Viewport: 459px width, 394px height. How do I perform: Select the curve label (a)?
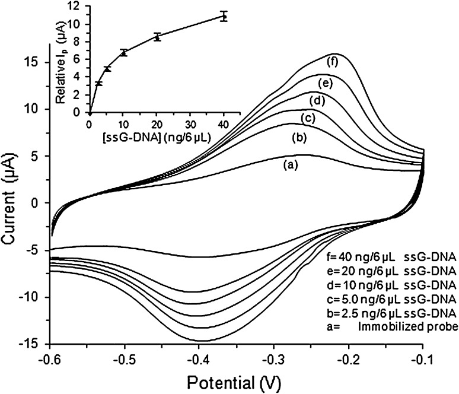coord(291,167)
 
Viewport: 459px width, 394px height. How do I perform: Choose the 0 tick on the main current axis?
coord(39,203)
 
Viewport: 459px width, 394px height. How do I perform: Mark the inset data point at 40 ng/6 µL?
coord(224,16)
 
